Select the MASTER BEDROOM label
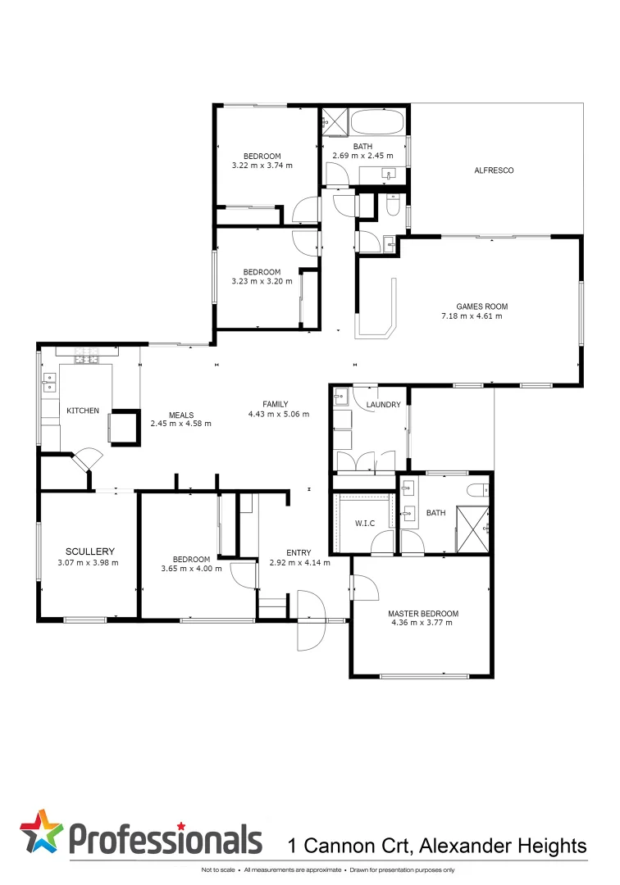423,613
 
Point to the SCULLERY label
90,551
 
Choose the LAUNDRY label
383,404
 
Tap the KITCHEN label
83,410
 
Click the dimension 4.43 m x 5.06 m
279,415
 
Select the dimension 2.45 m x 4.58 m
180,424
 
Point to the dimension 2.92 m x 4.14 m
299,563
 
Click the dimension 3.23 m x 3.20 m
262,282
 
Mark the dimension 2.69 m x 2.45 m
362,156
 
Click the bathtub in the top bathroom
377,124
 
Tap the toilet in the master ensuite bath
476,492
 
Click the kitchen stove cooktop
86,357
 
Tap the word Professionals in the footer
165,839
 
